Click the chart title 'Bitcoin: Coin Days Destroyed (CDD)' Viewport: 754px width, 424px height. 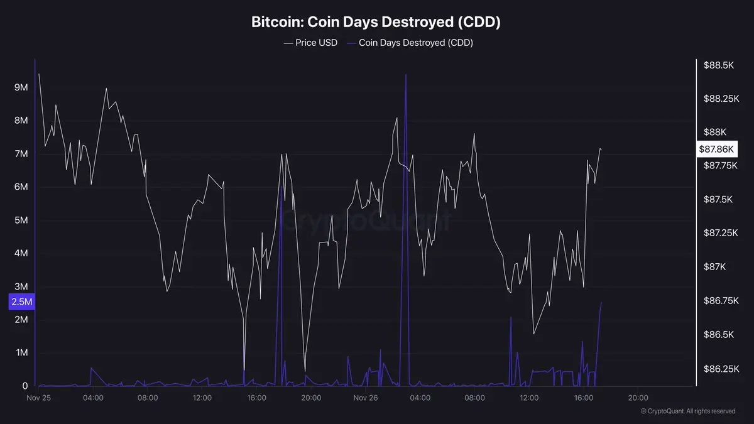[x=376, y=22]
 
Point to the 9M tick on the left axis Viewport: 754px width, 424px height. [x=21, y=87]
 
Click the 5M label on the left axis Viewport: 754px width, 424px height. [x=21, y=220]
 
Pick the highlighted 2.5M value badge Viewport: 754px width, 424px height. [x=21, y=302]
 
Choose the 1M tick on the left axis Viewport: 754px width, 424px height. [x=21, y=353]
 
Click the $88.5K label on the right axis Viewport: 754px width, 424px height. [x=719, y=65]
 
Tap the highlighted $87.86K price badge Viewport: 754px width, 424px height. [x=717, y=149]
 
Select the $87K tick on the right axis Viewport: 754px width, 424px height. [x=715, y=267]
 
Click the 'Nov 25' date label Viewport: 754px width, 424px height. [x=38, y=398]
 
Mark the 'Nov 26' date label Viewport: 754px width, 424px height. [x=365, y=398]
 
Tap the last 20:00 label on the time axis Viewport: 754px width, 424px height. [x=638, y=398]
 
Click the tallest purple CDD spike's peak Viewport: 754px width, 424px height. [x=406, y=74]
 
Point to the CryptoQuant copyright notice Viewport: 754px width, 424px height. [x=687, y=411]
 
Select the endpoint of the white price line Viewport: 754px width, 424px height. [x=601, y=149]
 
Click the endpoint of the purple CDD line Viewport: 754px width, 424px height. [x=601, y=303]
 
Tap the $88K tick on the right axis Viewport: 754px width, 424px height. [x=715, y=132]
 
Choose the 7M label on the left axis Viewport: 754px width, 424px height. [x=21, y=154]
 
